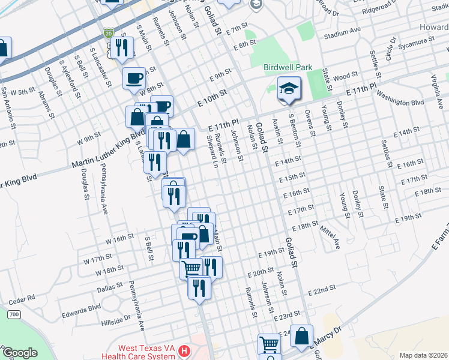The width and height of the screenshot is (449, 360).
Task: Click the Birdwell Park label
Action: pos(288,67)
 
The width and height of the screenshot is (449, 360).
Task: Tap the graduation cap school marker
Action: pos(289,89)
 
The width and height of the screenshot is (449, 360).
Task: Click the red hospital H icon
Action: pos(185,350)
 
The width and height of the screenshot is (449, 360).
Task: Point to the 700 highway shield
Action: pos(14,314)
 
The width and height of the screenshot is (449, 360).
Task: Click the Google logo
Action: pos(19,353)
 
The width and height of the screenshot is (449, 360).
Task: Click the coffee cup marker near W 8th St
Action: pos(134,78)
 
